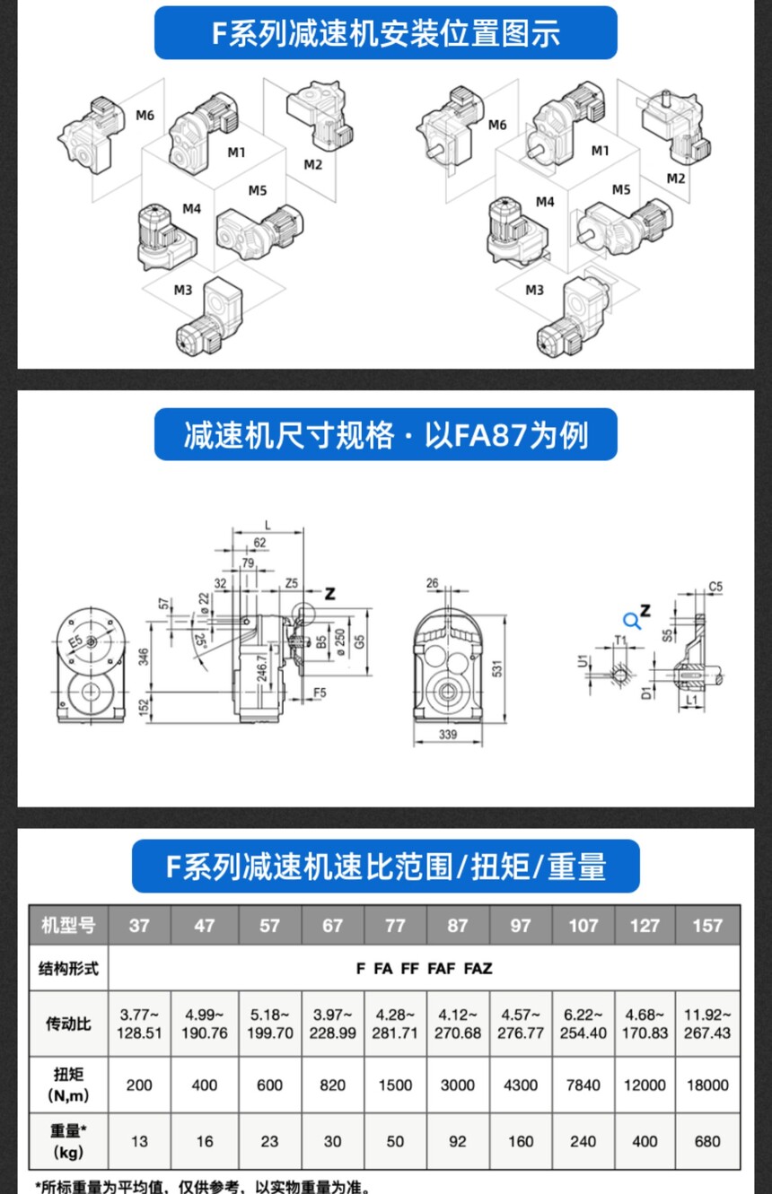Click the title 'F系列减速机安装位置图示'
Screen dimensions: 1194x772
point(386,33)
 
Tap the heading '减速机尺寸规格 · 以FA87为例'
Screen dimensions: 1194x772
point(386,435)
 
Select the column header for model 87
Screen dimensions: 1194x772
point(458,925)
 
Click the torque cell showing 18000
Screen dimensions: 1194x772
point(707,1085)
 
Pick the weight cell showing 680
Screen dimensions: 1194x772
point(707,1141)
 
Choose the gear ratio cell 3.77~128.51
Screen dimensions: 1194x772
point(140,1023)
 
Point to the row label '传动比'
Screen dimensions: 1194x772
point(68,1023)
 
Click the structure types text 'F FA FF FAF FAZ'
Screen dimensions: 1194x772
point(424,968)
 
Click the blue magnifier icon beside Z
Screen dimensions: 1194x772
point(632,620)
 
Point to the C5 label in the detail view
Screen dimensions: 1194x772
point(715,587)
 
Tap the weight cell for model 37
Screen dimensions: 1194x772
point(140,1141)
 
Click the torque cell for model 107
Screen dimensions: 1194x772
point(583,1085)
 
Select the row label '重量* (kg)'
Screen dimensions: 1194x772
point(68,1141)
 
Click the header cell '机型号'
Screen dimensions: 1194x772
point(68,925)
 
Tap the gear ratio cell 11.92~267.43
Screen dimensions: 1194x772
point(707,1023)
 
